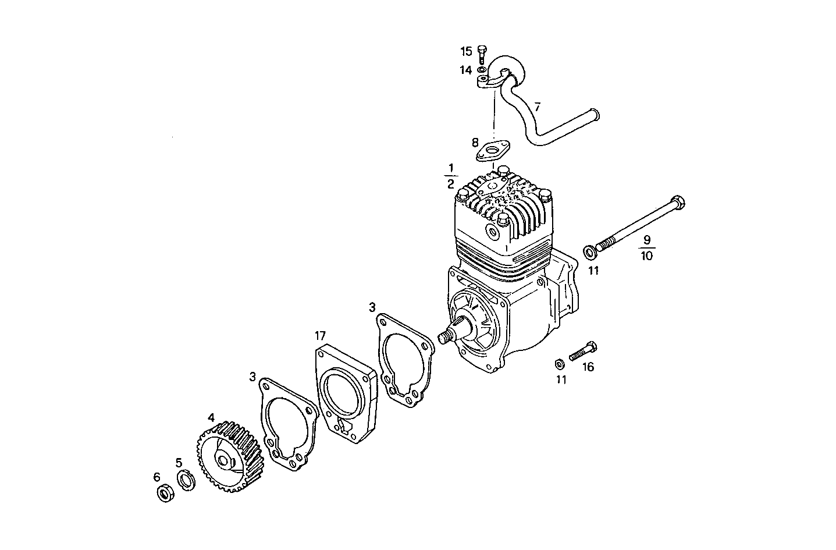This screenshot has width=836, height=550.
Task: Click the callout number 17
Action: click(321, 336)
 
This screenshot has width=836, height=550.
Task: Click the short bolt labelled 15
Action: click(482, 54)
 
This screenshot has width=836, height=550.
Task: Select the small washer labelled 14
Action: click(482, 70)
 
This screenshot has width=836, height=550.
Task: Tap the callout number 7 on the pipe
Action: click(538, 107)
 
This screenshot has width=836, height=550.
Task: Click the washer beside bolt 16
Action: click(558, 364)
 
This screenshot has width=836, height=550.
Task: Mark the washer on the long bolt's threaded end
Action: click(589, 251)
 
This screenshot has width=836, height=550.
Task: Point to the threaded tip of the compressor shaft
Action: click(447, 338)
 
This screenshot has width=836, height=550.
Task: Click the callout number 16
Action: click(588, 367)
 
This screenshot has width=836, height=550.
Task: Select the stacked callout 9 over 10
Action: click(647, 247)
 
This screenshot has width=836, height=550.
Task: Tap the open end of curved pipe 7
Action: click(595, 112)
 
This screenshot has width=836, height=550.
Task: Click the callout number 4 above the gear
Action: click(211, 418)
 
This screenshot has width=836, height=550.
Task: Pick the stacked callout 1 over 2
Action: click(450, 176)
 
